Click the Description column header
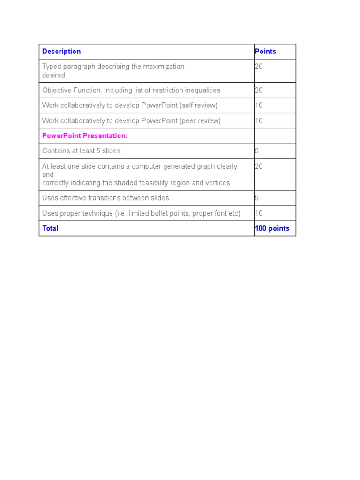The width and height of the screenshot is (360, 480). [x=61, y=52]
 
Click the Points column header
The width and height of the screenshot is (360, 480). [x=265, y=52]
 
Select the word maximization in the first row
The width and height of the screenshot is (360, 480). [x=164, y=67]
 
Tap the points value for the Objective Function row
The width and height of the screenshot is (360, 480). [x=259, y=90]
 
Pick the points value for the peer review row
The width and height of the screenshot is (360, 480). [x=259, y=121]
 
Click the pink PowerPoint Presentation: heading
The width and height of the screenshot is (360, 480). [x=85, y=136]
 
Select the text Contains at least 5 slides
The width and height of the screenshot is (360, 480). [x=82, y=151]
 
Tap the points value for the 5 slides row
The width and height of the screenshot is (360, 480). [x=257, y=151]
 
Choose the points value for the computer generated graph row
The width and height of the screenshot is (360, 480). [x=259, y=166]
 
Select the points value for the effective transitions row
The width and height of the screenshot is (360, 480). [x=257, y=198]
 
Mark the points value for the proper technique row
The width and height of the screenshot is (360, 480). [x=259, y=213]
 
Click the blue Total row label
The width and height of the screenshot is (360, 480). [x=50, y=229]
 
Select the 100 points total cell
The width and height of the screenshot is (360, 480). [x=272, y=229]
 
